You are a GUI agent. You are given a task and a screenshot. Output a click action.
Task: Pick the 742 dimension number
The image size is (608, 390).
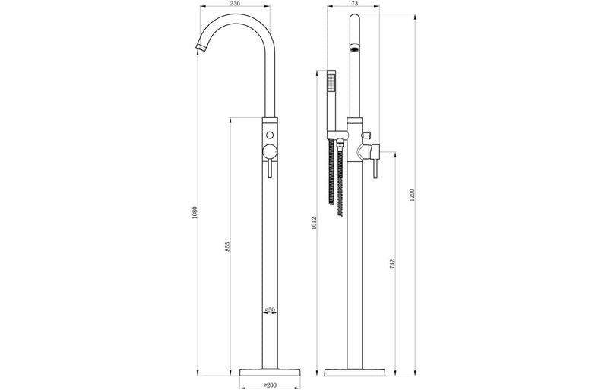pyautogui.click(x=391, y=263)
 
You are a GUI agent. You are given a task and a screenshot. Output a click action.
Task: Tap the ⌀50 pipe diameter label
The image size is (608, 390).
pyautogui.click(x=270, y=310)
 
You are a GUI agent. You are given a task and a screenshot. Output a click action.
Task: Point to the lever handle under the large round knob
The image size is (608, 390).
pyautogui.click(x=270, y=169)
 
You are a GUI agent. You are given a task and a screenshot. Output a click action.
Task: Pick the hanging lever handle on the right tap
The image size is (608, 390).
pyautogui.click(x=373, y=167)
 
